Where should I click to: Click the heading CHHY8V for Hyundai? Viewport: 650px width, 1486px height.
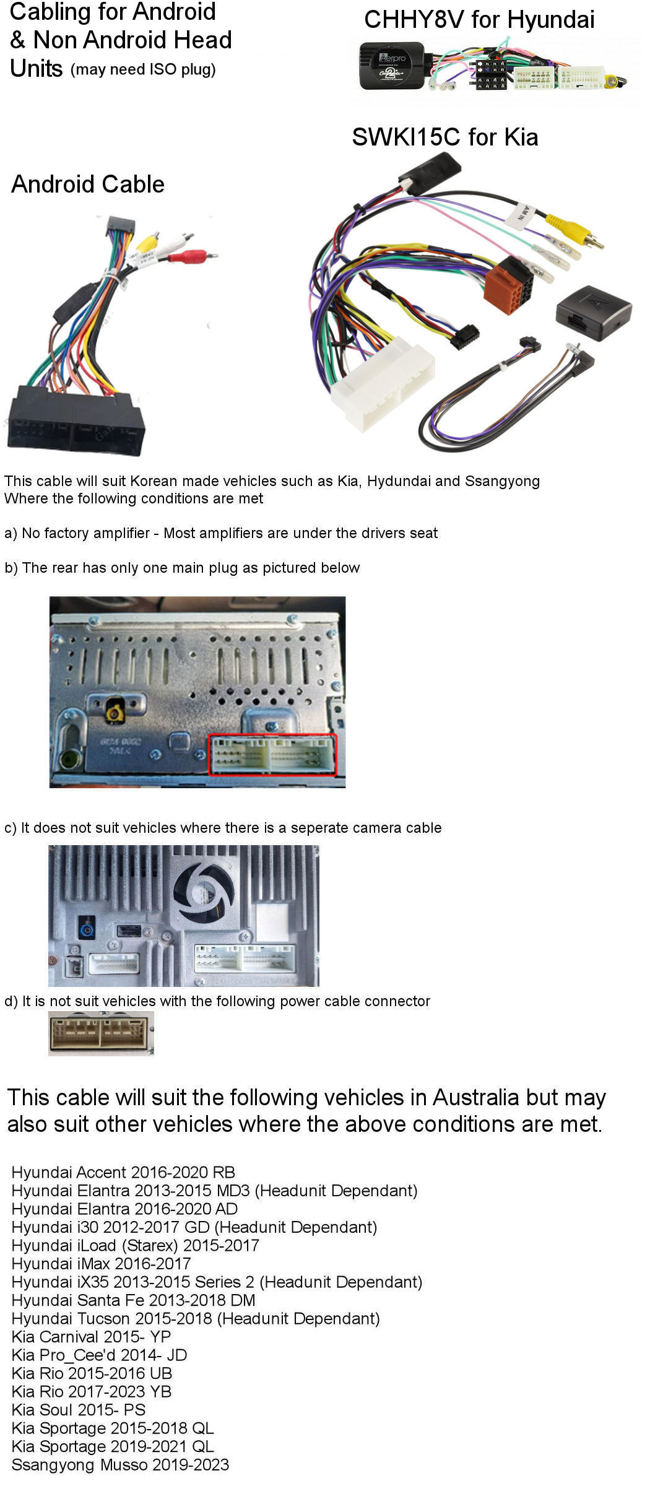(x=479, y=19)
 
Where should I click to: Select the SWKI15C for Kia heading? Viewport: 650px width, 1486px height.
(x=444, y=137)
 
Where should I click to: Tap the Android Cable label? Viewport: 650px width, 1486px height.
(x=88, y=185)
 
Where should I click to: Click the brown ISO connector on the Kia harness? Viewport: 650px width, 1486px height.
(x=509, y=285)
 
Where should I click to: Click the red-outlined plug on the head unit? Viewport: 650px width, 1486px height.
(x=272, y=755)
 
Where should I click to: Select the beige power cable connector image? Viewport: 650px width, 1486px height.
(x=101, y=1033)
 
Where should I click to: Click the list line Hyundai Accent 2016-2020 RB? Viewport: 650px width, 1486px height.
(x=123, y=1172)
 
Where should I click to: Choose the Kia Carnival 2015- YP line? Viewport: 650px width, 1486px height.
(x=91, y=1336)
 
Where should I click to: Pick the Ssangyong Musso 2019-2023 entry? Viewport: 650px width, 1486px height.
(x=120, y=1464)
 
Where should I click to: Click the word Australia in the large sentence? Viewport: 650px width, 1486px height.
(x=476, y=1097)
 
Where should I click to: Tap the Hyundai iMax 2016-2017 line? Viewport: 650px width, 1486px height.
(x=101, y=1263)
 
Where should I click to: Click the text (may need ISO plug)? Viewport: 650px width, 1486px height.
(x=143, y=69)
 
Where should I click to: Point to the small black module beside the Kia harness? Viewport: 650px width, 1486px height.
(x=593, y=312)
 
